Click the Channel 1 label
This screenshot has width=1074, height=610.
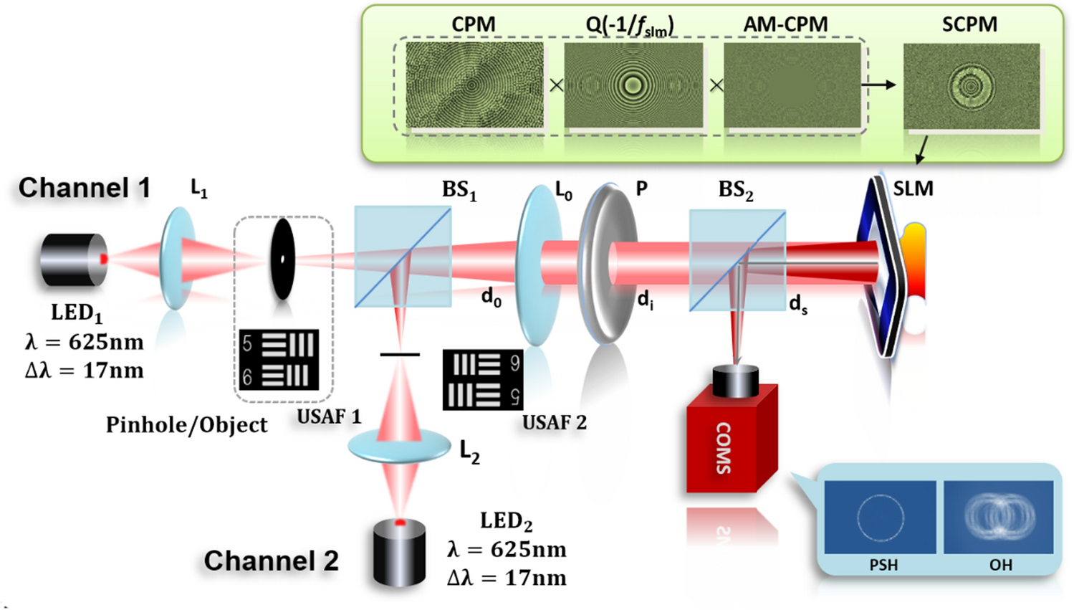coord(85,188)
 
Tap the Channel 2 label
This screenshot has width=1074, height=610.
coord(271,561)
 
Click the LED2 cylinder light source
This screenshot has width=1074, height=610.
coord(400,552)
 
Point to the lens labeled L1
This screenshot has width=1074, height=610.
coord(177,258)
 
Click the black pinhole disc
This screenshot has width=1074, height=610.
coord(282,259)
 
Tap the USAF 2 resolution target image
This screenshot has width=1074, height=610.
coord(482,380)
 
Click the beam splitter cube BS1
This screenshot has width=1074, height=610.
coord(403,257)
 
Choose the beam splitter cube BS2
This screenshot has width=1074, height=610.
coord(737,260)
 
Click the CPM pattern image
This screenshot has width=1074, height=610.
coord(474,85)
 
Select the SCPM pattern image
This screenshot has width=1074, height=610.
coord(971,86)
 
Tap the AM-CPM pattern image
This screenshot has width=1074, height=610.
coord(792,85)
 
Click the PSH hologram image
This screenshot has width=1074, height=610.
coord(880,517)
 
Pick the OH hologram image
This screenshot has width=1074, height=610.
coord(998,517)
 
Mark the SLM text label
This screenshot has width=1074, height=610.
coord(913,189)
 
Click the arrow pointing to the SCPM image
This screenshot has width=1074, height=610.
coord(879,85)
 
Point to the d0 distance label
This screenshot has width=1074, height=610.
coord(491,297)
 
